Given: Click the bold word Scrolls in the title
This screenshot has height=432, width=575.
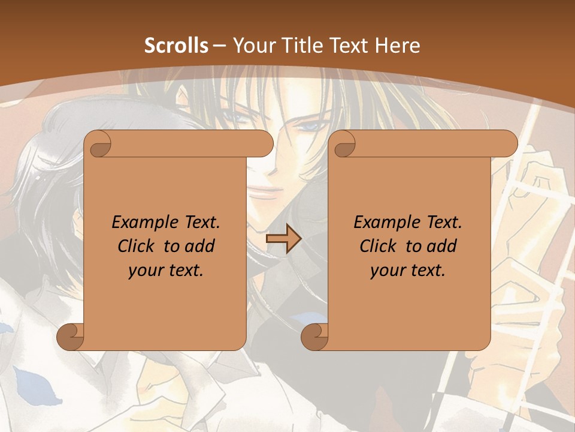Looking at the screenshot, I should pyautogui.click(x=176, y=46).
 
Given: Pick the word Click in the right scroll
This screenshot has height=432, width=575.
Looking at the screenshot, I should pyautogui.click(x=377, y=246).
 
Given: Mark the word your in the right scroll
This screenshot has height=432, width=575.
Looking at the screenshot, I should pyautogui.click(x=386, y=271).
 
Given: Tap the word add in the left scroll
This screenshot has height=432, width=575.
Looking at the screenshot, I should pyautogui.click(x=201, y=246).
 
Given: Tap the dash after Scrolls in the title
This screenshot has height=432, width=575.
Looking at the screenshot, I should pyautogui.click(x=219, y=46).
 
